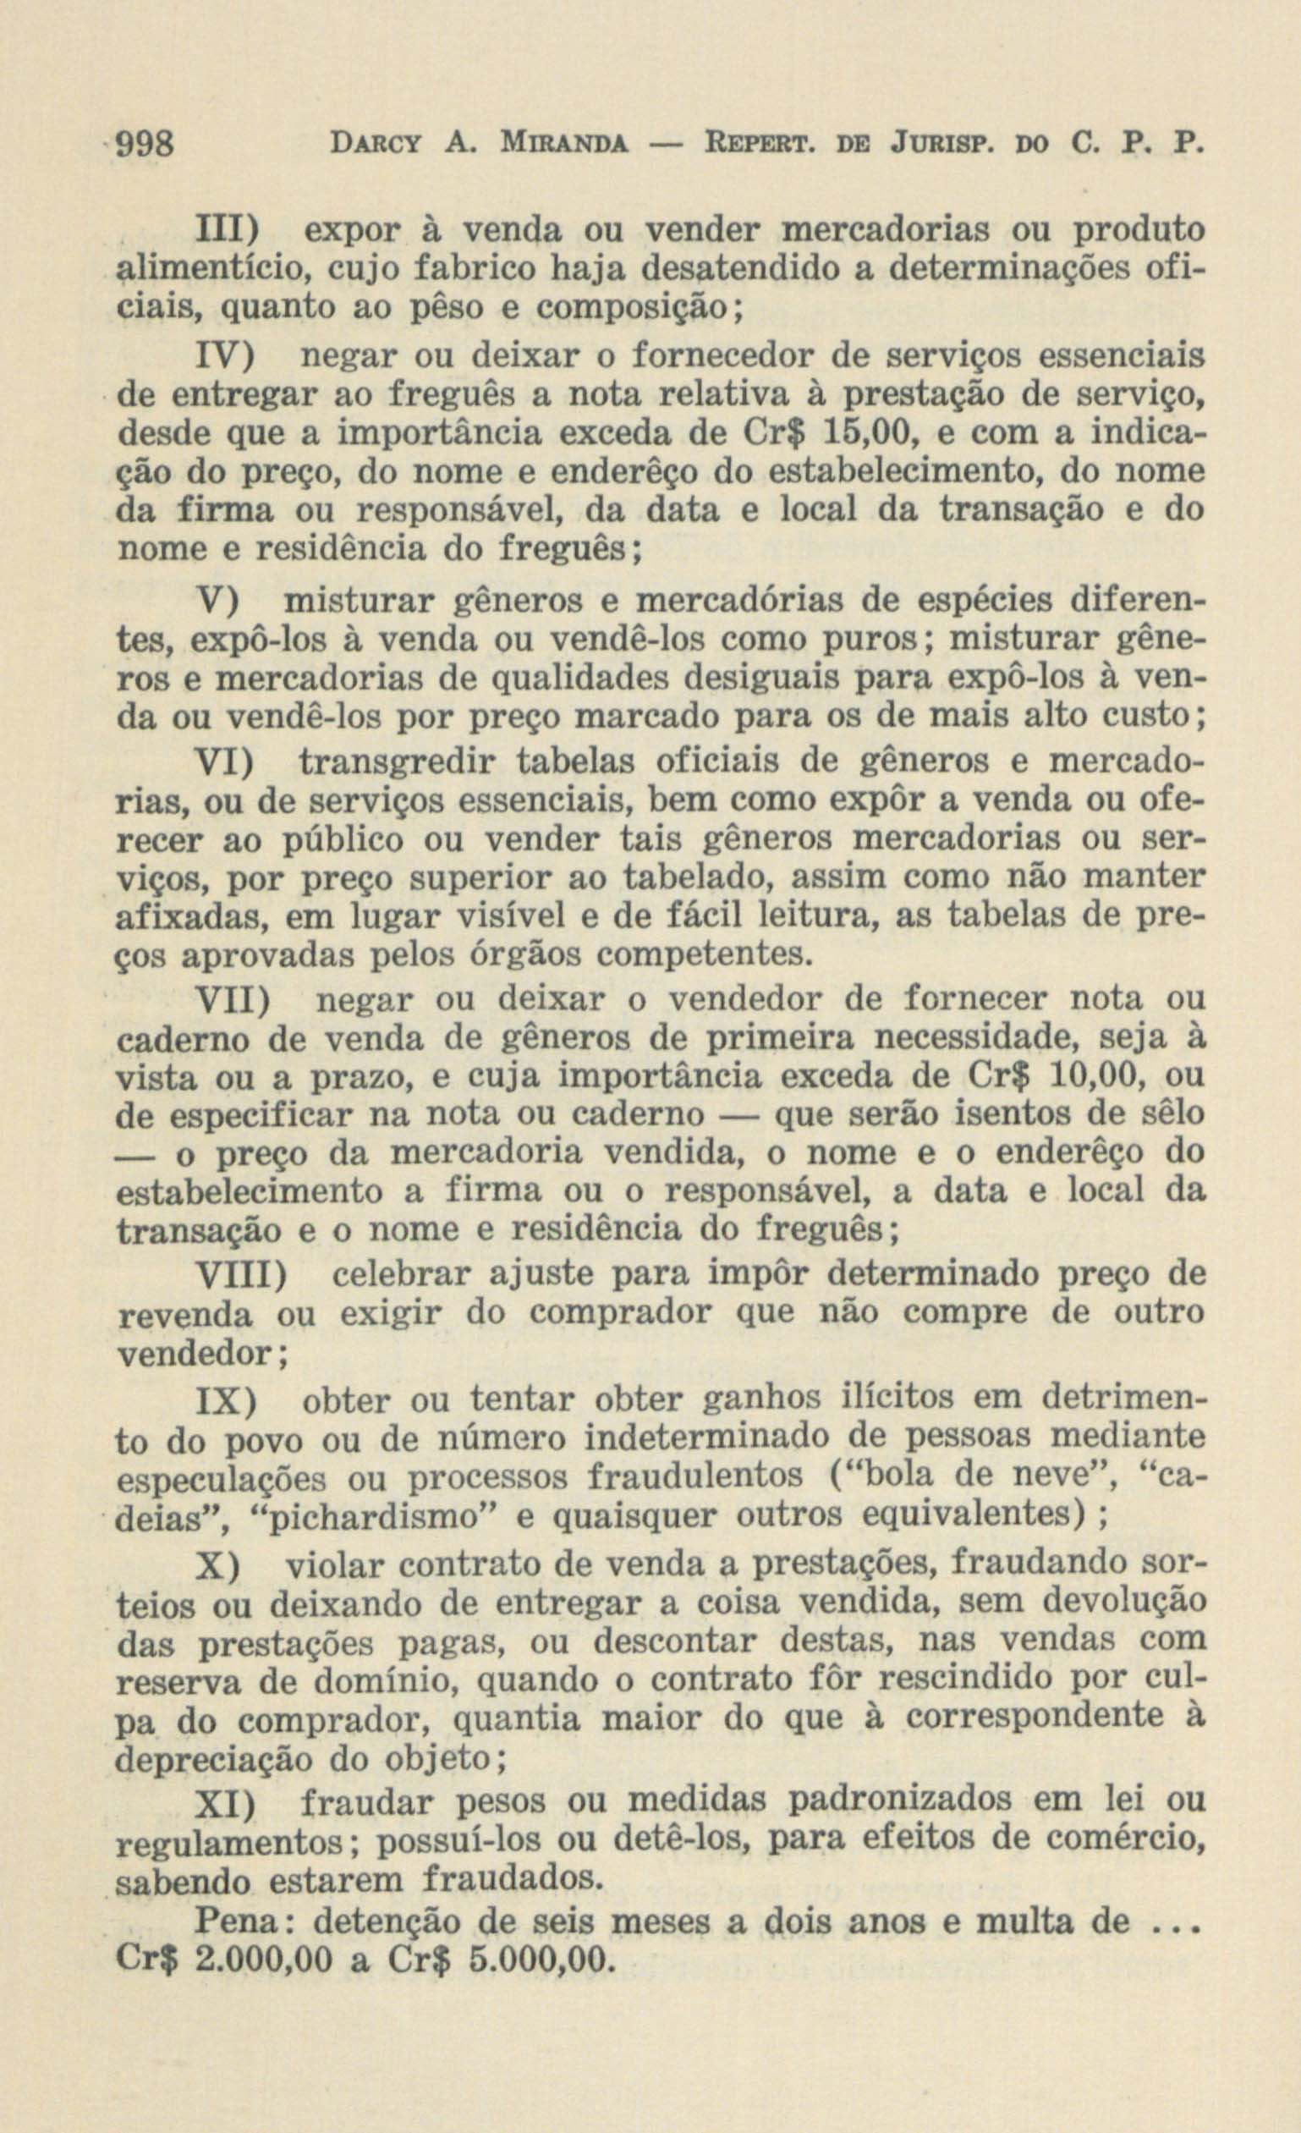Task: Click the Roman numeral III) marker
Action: (x=228, y=231)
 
